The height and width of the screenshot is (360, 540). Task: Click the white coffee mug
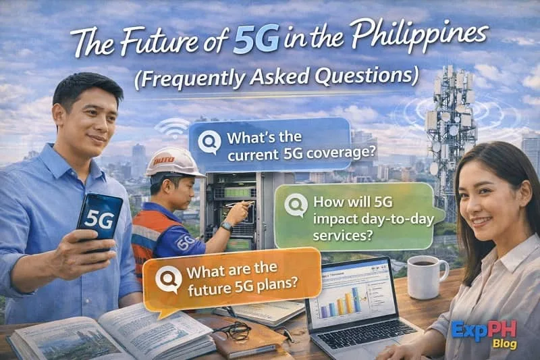(x=426, y=275)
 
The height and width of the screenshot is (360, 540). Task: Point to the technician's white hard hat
(x=173, y=162)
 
